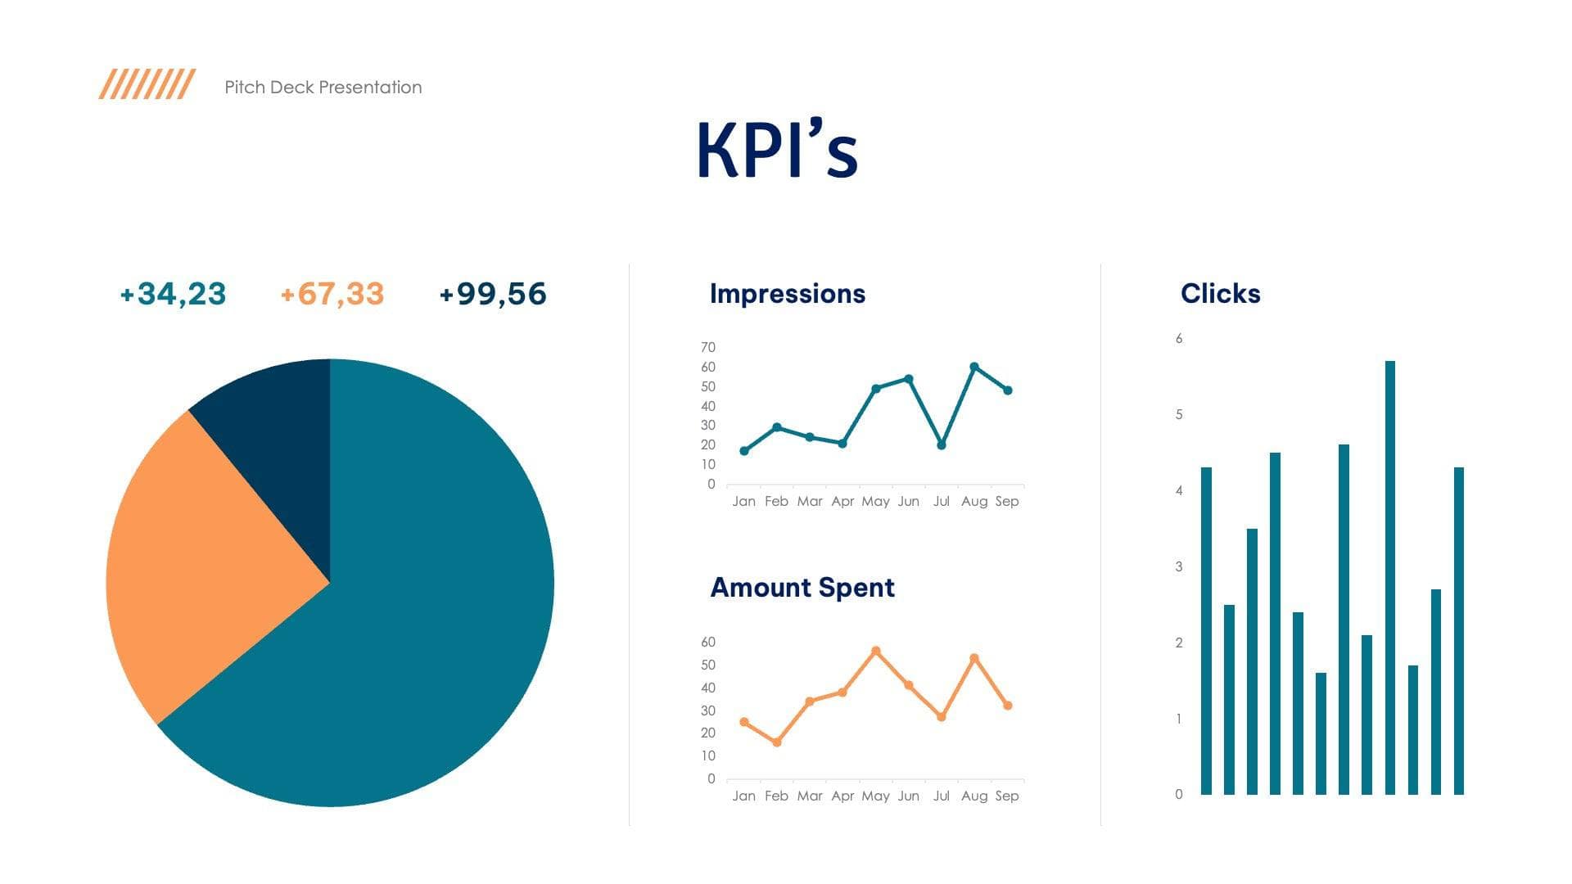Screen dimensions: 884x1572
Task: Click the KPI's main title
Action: pyautogui.click(x=777, y=150)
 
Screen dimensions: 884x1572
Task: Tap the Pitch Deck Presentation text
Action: pyautogui.click(x=323, y=88)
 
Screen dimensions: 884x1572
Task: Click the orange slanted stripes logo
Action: pyautogui.click(x=147, y=83)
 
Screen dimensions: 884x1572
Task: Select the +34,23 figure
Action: pyautogui.click(x=173, y=294)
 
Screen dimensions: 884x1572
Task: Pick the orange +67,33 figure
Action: pyautogui.click(x=332, y=294)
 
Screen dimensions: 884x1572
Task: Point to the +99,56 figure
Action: pyautogui.click(x=492, y=294)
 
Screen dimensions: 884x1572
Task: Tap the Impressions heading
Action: pyautogui.click(x=787, y=293)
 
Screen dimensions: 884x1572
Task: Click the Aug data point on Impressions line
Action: pyautogui.click(x=974, y=367)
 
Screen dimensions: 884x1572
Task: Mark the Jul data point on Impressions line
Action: pyautogui.click(x=942, y=445)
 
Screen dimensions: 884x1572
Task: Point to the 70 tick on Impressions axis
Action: pyautogui.click(x=707, y=347)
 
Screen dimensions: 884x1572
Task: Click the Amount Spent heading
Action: pyautogui.click(x=802, y=587)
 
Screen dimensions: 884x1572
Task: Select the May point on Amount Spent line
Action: pyautogui.click(x=876, y=652)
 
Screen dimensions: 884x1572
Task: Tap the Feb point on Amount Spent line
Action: pyautogui.click(x=777, y=742)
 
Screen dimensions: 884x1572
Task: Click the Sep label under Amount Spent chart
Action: pyautogui.click(x=1007, y=796)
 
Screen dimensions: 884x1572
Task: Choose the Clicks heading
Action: pyautogui.click(x=1220, y=293)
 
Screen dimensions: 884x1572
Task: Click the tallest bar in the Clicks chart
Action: pyautogui.click(x=1390, y=577)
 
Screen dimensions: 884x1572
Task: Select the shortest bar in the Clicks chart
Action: pyautogui.click(x=1321, y=733)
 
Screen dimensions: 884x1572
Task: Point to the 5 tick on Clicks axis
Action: pyautogui.click(x=1179, y=414)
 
